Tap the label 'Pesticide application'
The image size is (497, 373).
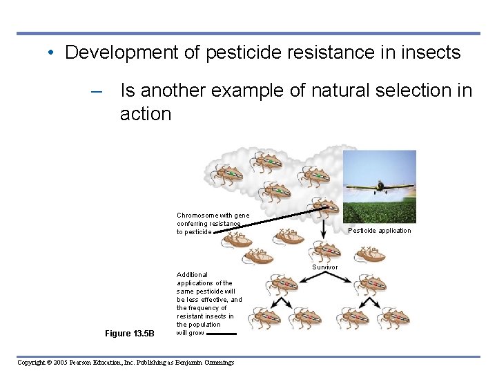pos(379,231)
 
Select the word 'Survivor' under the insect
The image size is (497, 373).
pos(325,267)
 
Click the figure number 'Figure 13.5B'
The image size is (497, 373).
pos(130,334)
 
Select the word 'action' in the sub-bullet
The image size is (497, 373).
pos(145,114)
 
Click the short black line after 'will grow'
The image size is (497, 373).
pos(222,333)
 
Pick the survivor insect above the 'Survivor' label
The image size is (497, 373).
pos(324,249)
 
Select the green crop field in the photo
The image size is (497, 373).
pos(379,211)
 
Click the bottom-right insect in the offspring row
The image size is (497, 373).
pos(393,318)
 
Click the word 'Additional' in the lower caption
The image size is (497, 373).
pos(192,275)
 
